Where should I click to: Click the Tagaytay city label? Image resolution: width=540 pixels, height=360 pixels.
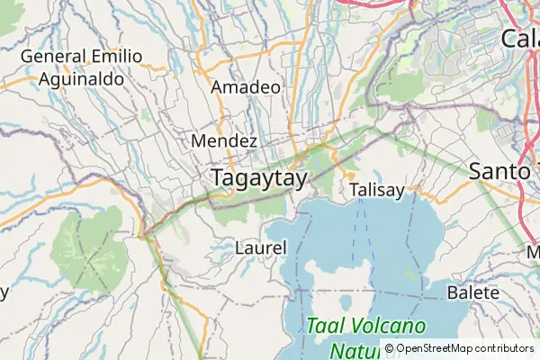[x=259, y=178]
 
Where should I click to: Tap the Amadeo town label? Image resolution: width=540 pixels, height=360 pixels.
[x=245, y=87]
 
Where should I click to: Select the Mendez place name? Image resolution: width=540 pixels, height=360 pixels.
[x=225, y=141]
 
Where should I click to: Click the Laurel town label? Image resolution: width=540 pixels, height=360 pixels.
[x=260, y=247]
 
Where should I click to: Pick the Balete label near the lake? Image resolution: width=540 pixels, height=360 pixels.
[x=472, y=293]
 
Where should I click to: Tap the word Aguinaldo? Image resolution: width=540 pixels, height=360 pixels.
[x=81, y=78]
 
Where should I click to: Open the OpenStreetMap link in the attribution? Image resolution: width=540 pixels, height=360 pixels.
[x=439, y=348]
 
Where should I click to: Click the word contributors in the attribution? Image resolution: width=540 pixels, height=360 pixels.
[x=507, y=348]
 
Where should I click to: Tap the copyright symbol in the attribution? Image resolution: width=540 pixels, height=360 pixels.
[x=390, y=348]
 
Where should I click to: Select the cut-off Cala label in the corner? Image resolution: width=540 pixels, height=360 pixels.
[x=520, y=39]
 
